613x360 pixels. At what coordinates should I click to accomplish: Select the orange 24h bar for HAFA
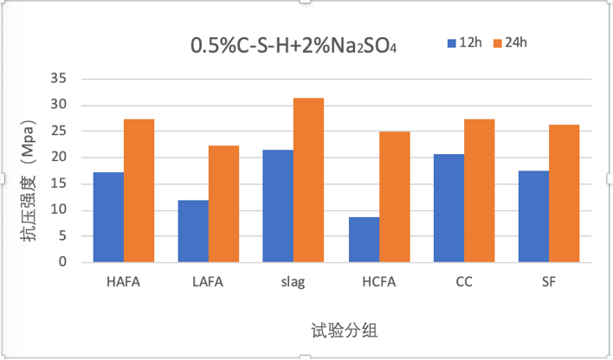pyautogui.click(x=139, y=191)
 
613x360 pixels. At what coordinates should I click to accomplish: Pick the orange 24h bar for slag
pyautogui.click(x=308, y=181)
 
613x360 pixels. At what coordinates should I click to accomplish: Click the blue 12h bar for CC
pyautogui.click(x=448, y=209)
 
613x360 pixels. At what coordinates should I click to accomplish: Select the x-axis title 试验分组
pyautogui.click(x=344, y=331)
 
